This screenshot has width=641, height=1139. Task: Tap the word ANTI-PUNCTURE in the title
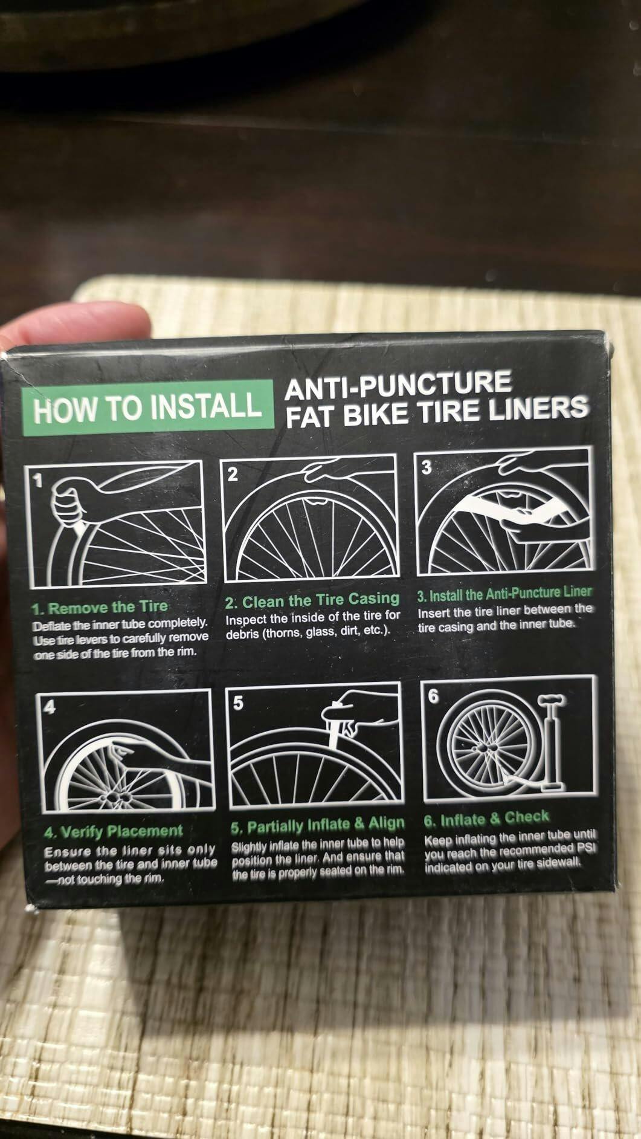(398, 386)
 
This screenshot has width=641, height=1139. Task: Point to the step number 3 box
(426, 468)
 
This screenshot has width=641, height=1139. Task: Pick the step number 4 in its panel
(49, 706)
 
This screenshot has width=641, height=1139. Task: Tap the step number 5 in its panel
(239, 703)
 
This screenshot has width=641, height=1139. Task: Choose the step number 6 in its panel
(433, 695)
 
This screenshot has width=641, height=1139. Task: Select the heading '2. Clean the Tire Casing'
(312, 600)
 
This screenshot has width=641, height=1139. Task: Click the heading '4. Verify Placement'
(114, 831)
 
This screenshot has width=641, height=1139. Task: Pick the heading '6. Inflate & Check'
(486, 819)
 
